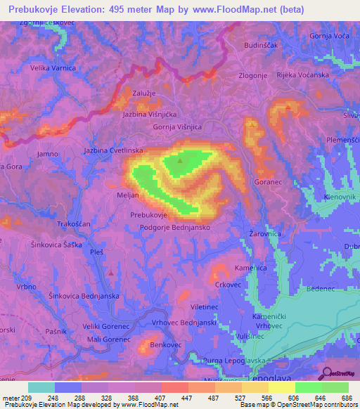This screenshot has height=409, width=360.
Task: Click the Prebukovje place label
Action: tap(148, 216)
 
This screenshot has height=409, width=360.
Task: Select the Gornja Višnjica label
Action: tap(178, 127)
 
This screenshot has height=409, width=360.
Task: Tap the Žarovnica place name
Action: tap(265, 233)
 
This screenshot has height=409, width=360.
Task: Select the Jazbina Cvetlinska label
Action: tap(113, 151)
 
